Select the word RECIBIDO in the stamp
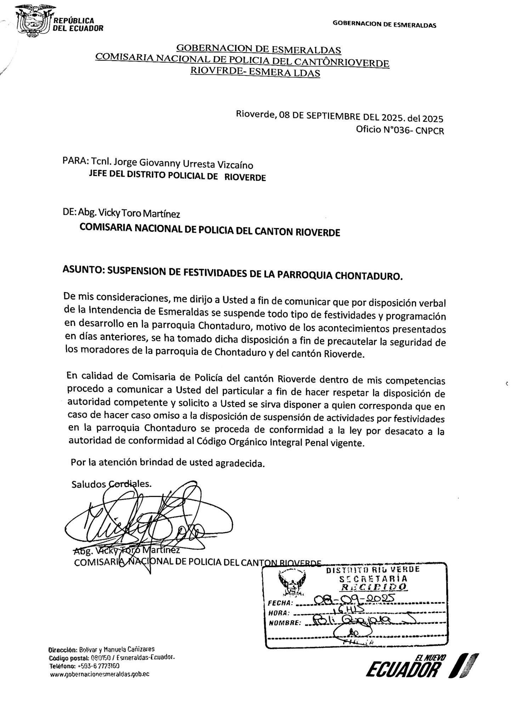click(373, 587)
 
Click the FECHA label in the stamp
click(280, 603)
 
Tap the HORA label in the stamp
click(279, 613)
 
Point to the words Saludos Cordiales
click(111, 484)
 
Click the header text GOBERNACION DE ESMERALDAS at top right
click(384, 25)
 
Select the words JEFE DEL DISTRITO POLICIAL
click(153, 176)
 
